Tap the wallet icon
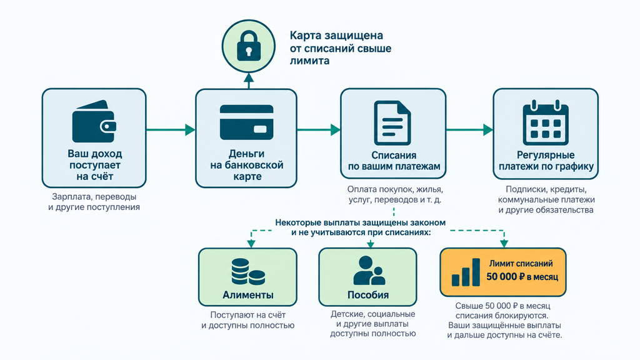[x=94, y=121]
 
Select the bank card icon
[x=246, y=122]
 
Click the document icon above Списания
[x=392, y=123]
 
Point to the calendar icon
[x=546, y=123]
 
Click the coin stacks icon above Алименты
[x=248, y=272]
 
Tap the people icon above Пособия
[x=369, y=271]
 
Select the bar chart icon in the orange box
[x=466, y=272]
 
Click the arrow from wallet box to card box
[x=171, y=130]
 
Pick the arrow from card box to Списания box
[x=319, y=130]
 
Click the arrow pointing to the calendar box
[x=469, y=130]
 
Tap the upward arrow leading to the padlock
[x=249, y=81]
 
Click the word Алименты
[x=247, y=295]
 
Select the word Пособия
[x=367, y=295]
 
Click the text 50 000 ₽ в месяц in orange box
[x=522, y=277]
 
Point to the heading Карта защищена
[x=336, y=36]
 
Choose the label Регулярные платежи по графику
[x=546, y=161]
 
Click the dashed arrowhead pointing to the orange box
[x=504, y=244]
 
